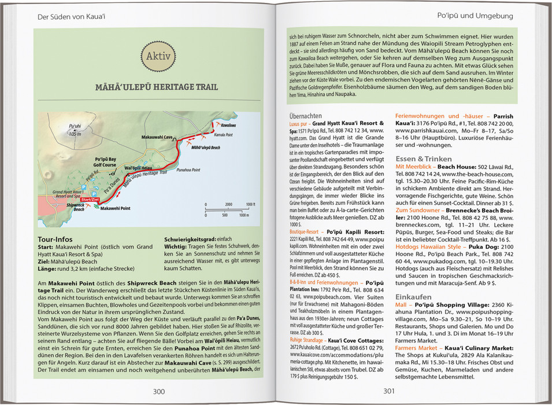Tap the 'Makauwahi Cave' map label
tap(157, 137)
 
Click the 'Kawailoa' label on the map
tap(228, 125)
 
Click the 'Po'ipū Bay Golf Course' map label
tap(105, 161)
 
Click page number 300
tap(158, 391)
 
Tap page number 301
tap(389, 391)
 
